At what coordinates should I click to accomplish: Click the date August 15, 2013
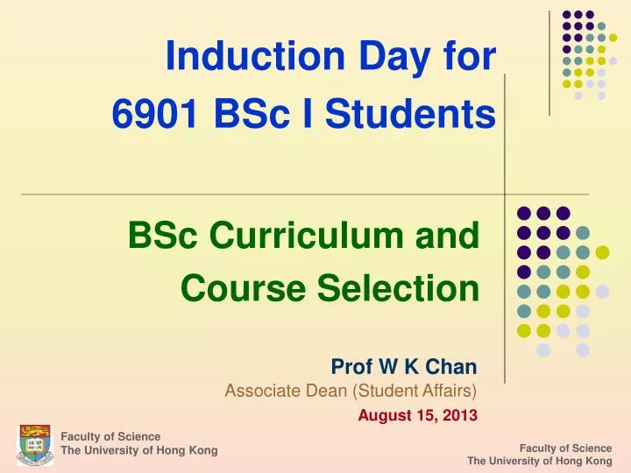click(x=417, y=415)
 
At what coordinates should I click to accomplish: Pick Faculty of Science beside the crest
click(x=110, y=436)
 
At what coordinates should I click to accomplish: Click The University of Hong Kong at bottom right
click(x=539, y=461)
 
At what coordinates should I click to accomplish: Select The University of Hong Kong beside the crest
click(x=138, y=450)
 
